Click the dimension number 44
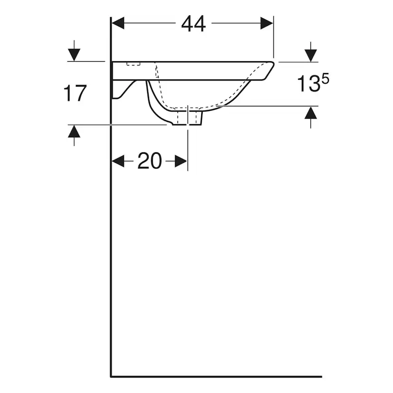pos(193,24)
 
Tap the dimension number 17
pos(75,93)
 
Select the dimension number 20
pos(150,160)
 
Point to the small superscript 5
pos(326,80)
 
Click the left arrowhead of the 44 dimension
pos(118,23)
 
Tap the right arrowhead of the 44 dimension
pos(267,23)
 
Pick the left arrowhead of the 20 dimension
pos(118,160)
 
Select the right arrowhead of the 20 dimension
pos(181,160)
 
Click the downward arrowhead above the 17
pos(74,55)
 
